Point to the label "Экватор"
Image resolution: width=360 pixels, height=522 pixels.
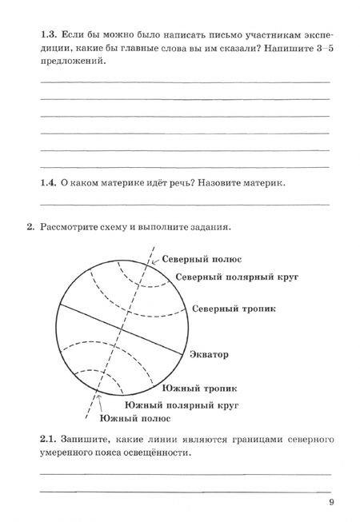(210, 353)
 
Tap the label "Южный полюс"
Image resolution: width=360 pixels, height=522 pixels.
(135, 418)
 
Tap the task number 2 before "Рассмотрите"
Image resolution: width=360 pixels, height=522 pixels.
(30, 226)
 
